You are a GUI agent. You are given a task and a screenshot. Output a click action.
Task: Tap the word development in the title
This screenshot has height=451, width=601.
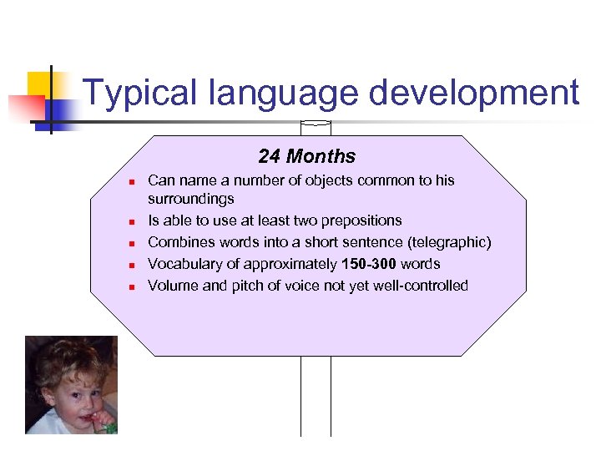coord(473,93)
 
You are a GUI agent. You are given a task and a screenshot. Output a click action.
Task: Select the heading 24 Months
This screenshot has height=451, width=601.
coord(306,156)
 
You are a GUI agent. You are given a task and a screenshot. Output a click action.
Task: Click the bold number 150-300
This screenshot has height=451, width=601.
coord(370,264)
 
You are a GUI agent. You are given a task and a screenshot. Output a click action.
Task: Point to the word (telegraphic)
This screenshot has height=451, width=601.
coord(451,242)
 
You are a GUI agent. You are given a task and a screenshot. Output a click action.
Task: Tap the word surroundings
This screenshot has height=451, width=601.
coord(190,200)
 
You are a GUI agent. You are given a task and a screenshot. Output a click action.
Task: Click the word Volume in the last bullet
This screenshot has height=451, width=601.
coord(172,286)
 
